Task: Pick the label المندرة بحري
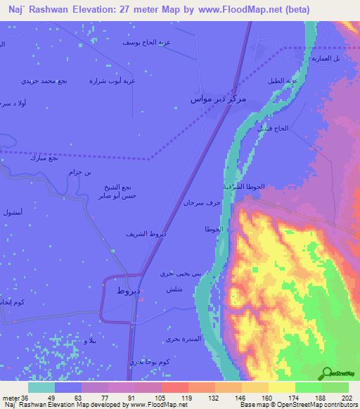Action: pyautogui.click(x=184, y=339)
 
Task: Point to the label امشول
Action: pyautogui.click(x=12, y=212)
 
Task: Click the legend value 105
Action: pyautogui.click(x=148, y=398)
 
